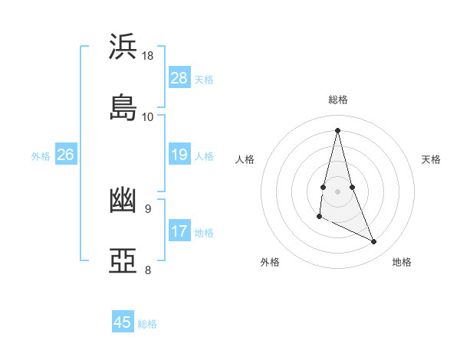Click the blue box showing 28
pos(179,78)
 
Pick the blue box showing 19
pos(179,155)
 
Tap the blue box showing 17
pos(179,231)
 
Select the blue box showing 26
pos(65,155)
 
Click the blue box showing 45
pos(123,322)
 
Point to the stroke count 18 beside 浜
pos(148,56)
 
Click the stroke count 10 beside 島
pos(148,116)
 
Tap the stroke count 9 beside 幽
pos(148,208)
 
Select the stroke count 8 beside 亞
pos(148,270)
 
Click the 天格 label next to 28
pos(204,79)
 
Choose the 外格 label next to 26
pos(41,155)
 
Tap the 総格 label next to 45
pos(147,324)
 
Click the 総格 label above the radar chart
pos(338,100)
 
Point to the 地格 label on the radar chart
pos(402,262)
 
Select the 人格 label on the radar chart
pos(245,159)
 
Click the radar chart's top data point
pos(337,129)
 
